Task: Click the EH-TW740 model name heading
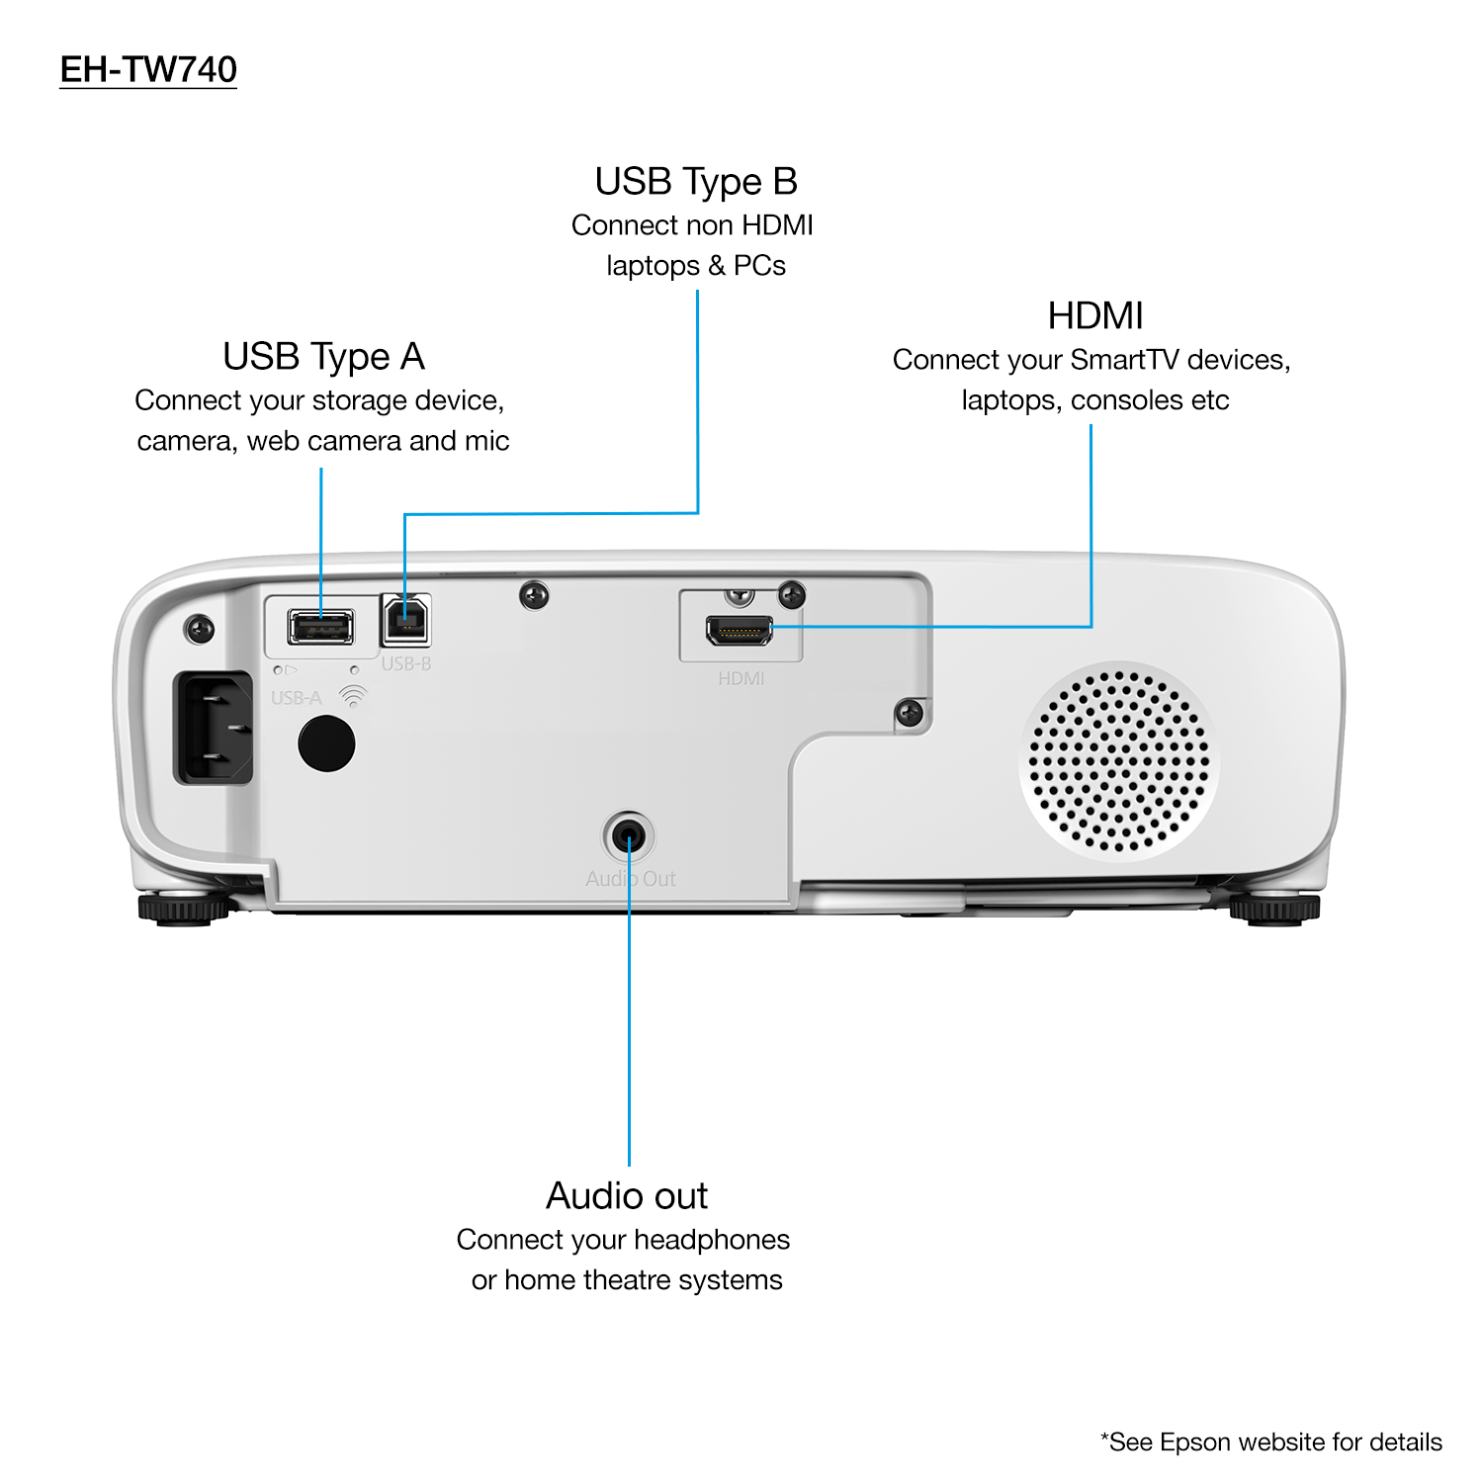(x=148, y=69)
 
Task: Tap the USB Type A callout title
(x=323, y=356)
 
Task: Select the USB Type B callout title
(x=696, y=181)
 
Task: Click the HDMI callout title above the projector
(x=1094, y=315)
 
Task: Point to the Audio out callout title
(x=627, y=1195)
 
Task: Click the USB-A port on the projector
(x=320, y=627)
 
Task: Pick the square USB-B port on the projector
(x=405, y=620)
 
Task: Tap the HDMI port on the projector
(x=739, y=629)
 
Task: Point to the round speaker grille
(x=1118, y=760)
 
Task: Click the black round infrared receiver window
(x=326, y=742)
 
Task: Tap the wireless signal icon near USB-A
(x=352, y=697)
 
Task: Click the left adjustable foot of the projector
(x=183, y=908)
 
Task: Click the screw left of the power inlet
(x=200, y=629)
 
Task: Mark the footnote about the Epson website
(x=1270, y=1441)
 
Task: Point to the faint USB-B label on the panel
(x=406, y=663)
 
